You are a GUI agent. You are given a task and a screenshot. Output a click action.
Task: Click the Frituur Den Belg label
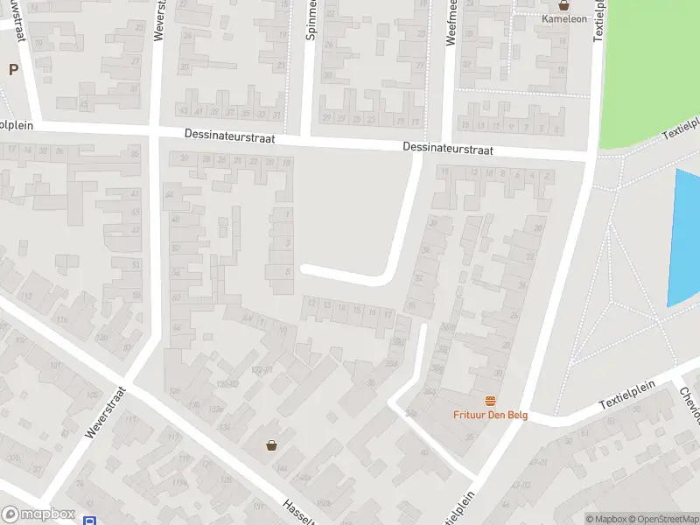click(x=490, y=416)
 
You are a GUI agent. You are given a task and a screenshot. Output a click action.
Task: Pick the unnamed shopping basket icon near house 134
click(x=271, y=445)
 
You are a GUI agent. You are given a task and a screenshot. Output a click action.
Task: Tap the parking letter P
click(x=14, y=70)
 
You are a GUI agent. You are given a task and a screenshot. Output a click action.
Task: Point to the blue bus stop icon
click(x=89, y=521)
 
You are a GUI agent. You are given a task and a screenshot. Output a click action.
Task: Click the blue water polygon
click(x=684, y=236)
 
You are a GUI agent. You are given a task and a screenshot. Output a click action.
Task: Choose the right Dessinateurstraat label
click(x=448, y=150)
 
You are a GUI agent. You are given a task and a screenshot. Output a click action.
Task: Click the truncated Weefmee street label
click(x=452, y=22)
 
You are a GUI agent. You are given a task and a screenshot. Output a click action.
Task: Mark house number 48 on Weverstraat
click(x=175, y=219)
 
